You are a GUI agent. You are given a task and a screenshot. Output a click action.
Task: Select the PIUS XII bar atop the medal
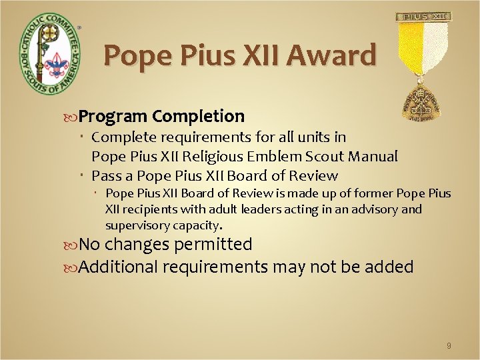423,17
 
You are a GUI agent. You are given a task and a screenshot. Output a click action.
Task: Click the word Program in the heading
113,117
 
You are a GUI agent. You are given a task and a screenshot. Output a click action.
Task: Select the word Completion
198,117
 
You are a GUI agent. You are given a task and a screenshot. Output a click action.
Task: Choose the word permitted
213,245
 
